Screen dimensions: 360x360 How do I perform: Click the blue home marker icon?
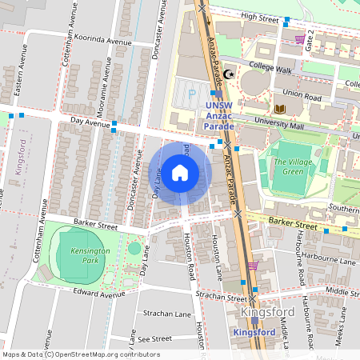coord(180,173)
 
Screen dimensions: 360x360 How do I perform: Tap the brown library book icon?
coord(279,108)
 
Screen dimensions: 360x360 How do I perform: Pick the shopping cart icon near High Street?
coord(299,38)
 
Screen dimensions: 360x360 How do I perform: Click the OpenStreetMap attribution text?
coord(81,354)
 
